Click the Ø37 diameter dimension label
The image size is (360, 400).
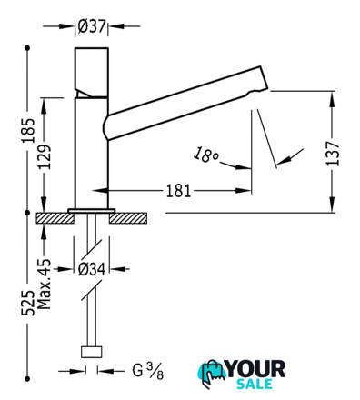click(92, 26)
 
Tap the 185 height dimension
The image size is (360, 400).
click(28, 131)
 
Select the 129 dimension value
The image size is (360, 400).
click(45, 157)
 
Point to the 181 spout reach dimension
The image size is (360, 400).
click(178, 191)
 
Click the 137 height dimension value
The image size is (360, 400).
click(333, 154)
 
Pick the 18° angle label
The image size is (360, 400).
click(205, 155)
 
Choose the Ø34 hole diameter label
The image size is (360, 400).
click(92, 269)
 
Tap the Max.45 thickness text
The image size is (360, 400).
click(45, 284)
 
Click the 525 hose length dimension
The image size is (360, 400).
click(28, 303)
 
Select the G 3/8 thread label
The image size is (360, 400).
click(148, 371)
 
